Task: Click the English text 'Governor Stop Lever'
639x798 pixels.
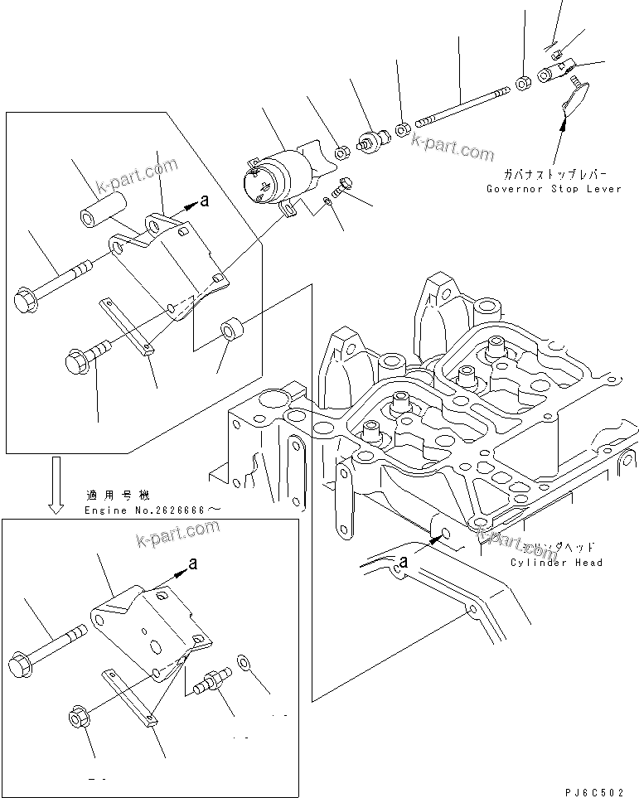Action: coord(555,189)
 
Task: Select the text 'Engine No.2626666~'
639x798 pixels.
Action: coord(153,509)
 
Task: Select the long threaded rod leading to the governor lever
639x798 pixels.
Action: coord(460,107)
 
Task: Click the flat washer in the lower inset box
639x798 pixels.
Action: coord(243,661)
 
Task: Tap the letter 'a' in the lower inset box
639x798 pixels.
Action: coord(192,563)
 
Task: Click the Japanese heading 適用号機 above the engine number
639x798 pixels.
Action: coord(118,496)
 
